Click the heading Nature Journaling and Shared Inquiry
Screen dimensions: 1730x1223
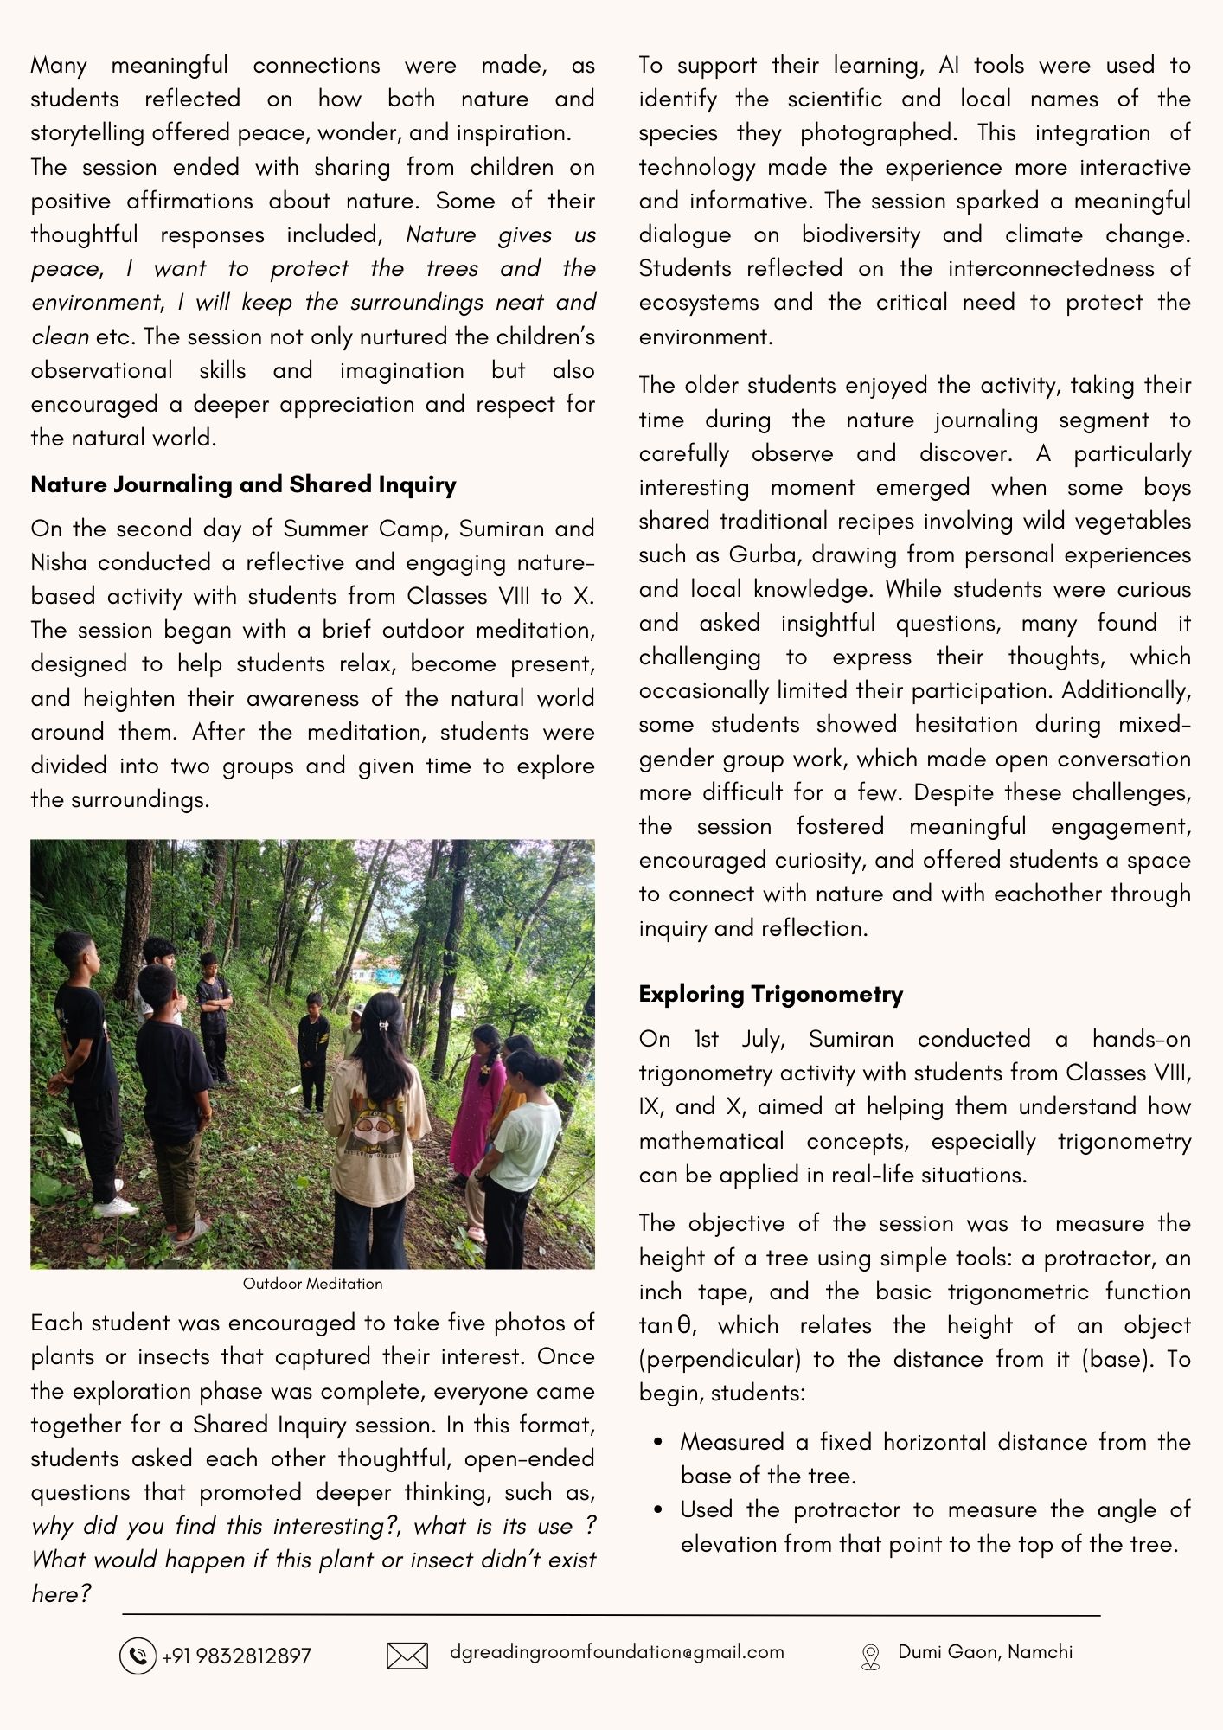coord(243,484)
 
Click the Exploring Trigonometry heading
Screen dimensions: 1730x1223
coord(771,994)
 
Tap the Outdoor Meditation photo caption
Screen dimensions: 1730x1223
coord(312,1284)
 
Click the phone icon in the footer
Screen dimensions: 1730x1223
coord(137,1656)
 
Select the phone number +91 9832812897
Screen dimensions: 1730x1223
coord(236,1656)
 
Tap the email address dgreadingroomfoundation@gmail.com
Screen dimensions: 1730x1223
coord(617,1652)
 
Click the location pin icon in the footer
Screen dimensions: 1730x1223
coord(870,1656)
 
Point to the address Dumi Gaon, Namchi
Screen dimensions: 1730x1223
coord(985,1652)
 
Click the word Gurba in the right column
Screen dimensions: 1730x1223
coord(764,555)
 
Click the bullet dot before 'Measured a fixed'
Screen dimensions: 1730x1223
coord(659,1443)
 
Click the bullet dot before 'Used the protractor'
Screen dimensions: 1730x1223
coord(659,1510)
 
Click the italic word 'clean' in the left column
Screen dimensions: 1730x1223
coord(60,336)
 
